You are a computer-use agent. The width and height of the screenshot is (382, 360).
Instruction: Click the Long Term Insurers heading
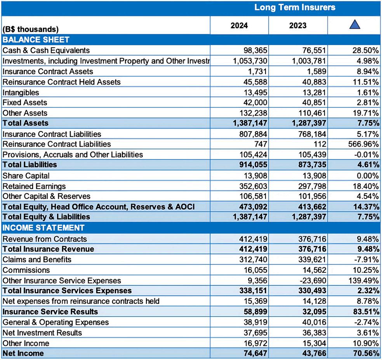[295, 7]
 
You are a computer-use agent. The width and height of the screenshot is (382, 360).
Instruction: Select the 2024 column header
[239, 26]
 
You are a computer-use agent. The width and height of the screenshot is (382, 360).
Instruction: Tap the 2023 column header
[297, 26]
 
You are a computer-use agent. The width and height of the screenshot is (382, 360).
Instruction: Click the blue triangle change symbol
[354, 25]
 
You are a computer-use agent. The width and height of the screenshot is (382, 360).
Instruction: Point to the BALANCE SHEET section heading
[36, 40]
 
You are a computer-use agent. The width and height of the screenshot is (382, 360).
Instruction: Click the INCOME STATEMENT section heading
[43, 228]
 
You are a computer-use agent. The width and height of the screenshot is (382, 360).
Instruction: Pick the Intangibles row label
[21, 92]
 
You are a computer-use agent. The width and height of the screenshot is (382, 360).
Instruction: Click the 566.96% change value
[363, 144]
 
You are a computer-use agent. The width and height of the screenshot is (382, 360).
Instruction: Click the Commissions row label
[26, 270]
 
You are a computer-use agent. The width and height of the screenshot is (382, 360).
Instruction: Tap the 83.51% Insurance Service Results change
[366, 312]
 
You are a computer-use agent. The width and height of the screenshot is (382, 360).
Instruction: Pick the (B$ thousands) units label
[30, 29]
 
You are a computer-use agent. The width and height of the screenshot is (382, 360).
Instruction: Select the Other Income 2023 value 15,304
[313, 343]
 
